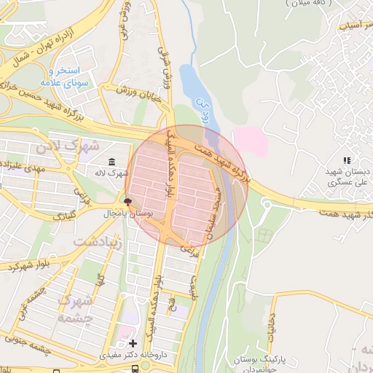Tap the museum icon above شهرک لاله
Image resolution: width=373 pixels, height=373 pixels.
[x=111, y=161]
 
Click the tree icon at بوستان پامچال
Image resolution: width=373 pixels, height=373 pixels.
[x=128, y=201]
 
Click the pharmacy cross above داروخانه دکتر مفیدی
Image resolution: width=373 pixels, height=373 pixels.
[x=132, y=342]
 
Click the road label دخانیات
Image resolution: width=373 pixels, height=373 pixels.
[x=271, y=328]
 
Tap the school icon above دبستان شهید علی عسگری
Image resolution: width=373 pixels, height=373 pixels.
[x=347, y=160]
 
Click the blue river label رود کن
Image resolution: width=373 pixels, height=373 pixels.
[x=206, y=113]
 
